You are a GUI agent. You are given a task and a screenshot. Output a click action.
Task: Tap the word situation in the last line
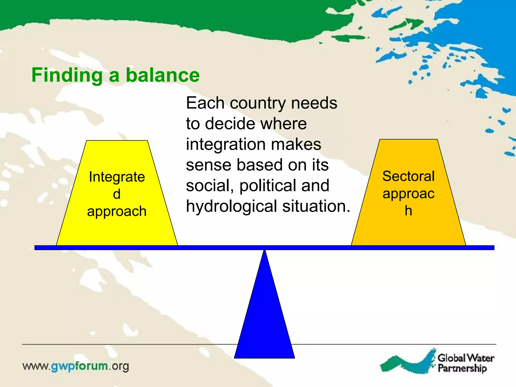point(316,206)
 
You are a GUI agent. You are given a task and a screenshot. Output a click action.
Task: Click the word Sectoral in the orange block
point(408,176)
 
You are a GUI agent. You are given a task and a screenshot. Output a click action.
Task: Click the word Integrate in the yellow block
point(117,177)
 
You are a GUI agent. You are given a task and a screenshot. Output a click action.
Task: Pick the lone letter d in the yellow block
point(117,194)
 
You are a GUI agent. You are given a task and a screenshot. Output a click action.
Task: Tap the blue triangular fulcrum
point(264,315)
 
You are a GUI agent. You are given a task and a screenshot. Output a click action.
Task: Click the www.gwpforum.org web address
point(76,366)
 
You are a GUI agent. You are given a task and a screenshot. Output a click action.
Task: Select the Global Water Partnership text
point(466,363)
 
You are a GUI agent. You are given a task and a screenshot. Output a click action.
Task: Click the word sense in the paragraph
point(208,165)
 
